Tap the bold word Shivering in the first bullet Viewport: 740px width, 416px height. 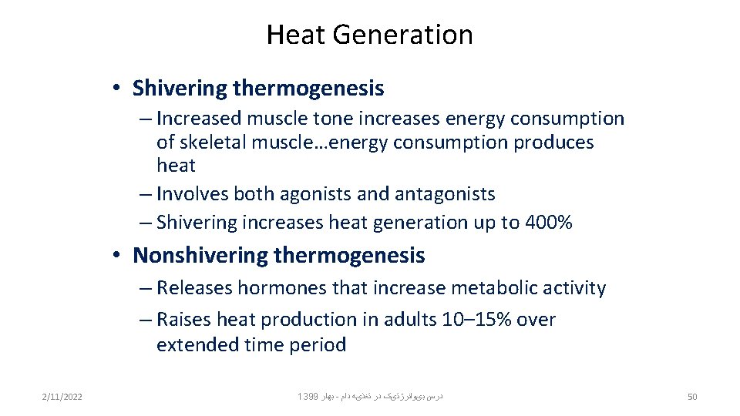point(180,89)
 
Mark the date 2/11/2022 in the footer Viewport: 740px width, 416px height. point(62,397)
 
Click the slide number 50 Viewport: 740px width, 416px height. point(691,397)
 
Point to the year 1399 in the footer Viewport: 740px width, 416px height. point(307,397)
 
